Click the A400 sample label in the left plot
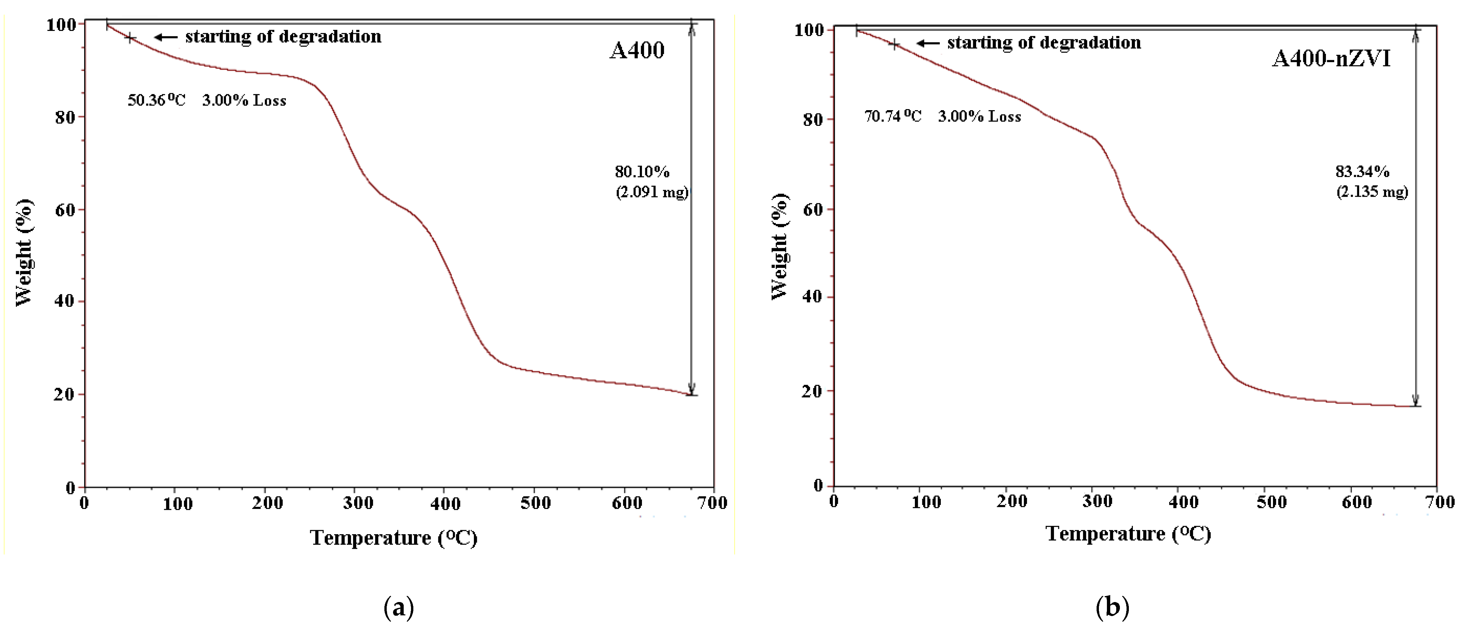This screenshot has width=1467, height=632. click(x=637, y=51)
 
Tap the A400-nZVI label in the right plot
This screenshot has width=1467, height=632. click(x=1331, y=59)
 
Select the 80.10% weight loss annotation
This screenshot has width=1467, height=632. click(x=642, y=171)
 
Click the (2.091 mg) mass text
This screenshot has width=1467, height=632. click(x=652, y=192)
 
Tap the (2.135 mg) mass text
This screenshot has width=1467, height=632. click(x=1372, y=191)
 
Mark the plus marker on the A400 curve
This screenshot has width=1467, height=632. click(x=130, y=38)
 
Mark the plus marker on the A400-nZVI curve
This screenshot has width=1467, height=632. click(x=894, y=44)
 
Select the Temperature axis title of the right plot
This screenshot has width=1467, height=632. click(x=1128, y=533)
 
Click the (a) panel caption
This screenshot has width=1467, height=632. click(x=399, y=607)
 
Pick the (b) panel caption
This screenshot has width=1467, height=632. click(x=1112, y=607)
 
